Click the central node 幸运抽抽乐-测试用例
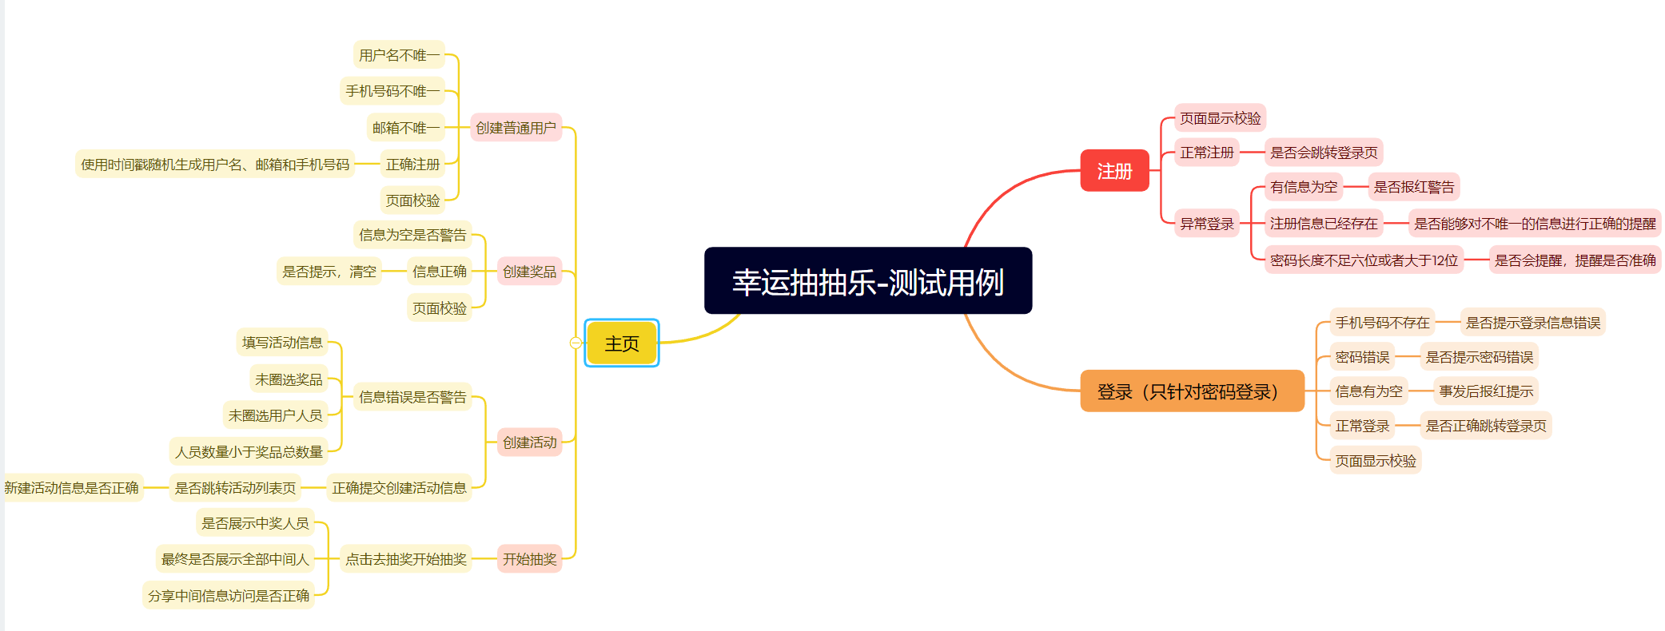tap(867, 281)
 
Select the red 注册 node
tap(1114, 171)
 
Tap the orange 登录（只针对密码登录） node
tap(1191, 391)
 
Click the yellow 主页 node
tap(622, 343)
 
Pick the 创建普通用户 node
tap(516, 128)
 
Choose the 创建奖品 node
tap(529, 272)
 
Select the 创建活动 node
tap(529, 442)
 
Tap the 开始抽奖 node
tap(529, 558)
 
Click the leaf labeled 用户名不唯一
tap(399, 55)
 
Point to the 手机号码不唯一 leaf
tap(392, 91)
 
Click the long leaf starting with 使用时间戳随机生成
tap(215, 165)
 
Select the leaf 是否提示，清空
tap(329, 272)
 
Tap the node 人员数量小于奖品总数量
tap(249, 452)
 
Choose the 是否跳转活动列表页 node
tap(235, 487)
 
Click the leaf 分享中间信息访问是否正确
tap(229, 595)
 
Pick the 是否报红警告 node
tap(1413, 187)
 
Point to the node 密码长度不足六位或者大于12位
tap(1364, 260)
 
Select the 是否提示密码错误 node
tap(1479, 357)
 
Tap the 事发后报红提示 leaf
tap(1486, 391)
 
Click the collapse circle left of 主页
tap(576, 343)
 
